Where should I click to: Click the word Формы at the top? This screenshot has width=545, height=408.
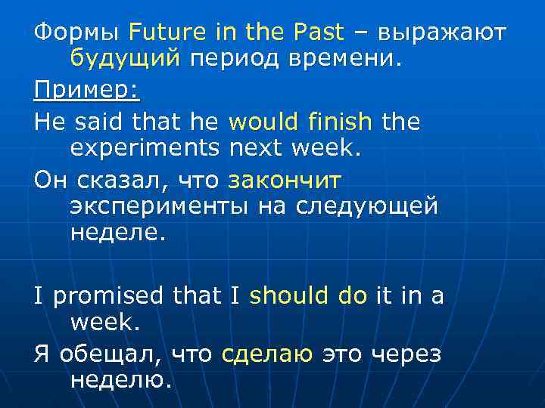pyautogui.click(x=76, y=34)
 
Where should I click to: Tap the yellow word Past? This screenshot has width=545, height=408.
pyautogui.click(x=318, y=34)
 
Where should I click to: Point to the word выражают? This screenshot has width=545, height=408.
pyautogui.click(x=442, y=34)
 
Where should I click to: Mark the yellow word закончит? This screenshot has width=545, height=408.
pyautogui.click(x=285, y=181)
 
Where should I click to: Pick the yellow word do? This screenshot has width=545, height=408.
pyautogui.click(x=352, y=297)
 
